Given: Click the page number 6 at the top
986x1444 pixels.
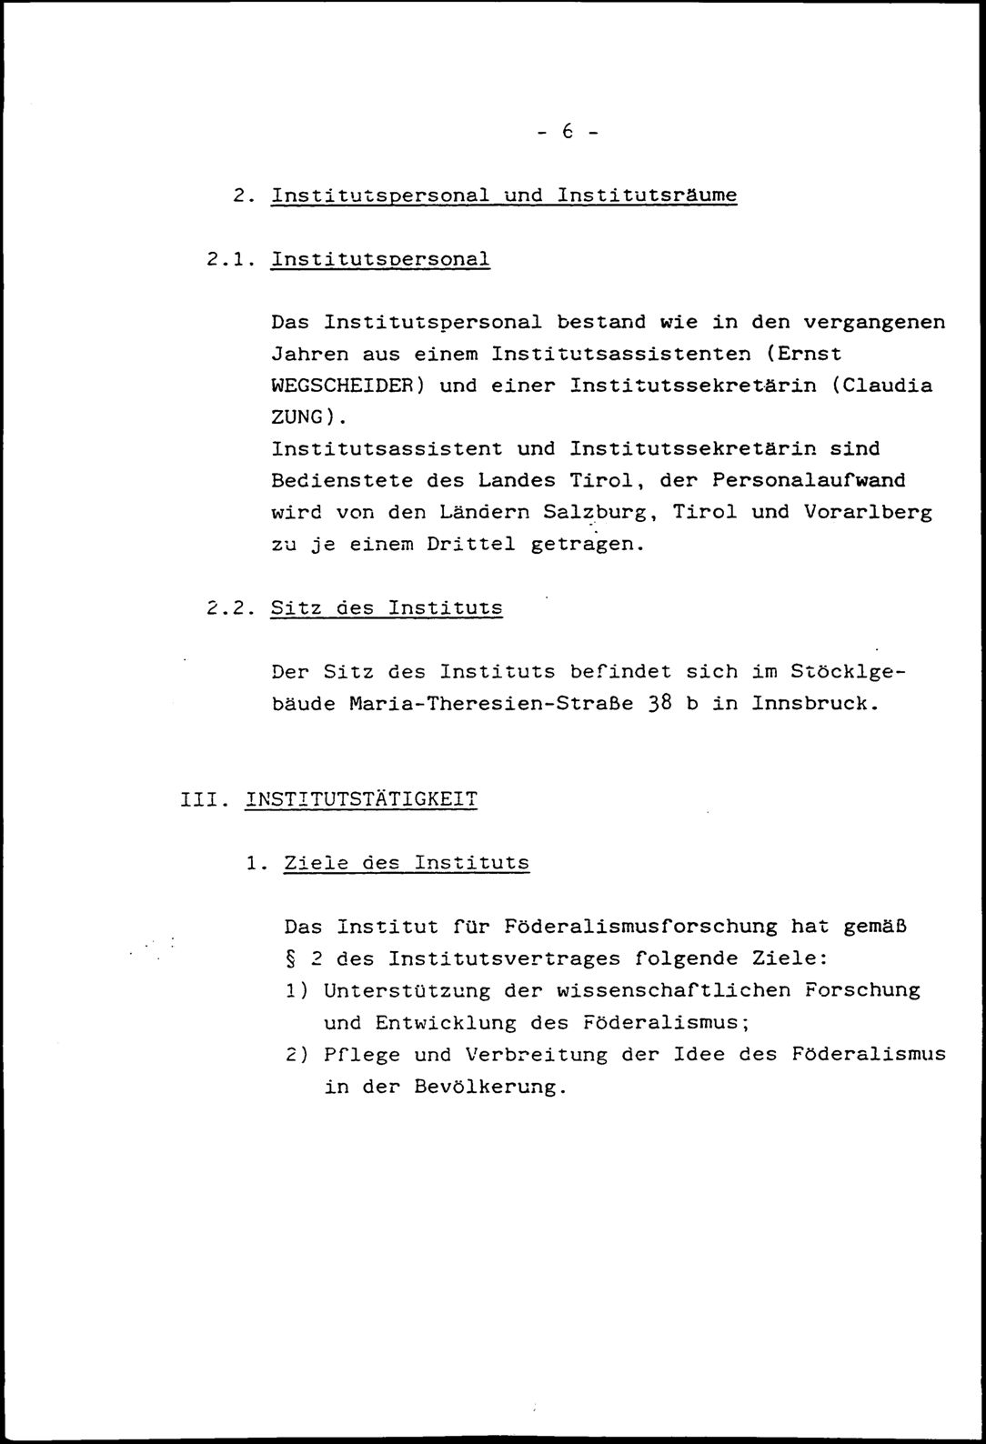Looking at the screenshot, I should (x=566, y=133).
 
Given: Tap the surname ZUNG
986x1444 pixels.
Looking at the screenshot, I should (x=297, y=417).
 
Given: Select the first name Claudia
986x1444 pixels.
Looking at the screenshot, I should (x=889, y=386).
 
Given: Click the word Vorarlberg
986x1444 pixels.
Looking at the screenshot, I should (x=868, y=513).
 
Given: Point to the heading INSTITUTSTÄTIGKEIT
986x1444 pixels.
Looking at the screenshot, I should (x=361, y=800).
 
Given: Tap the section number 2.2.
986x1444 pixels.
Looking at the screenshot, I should (x=226, y=608).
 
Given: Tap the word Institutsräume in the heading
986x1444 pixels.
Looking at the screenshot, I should (x=646, y=196).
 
